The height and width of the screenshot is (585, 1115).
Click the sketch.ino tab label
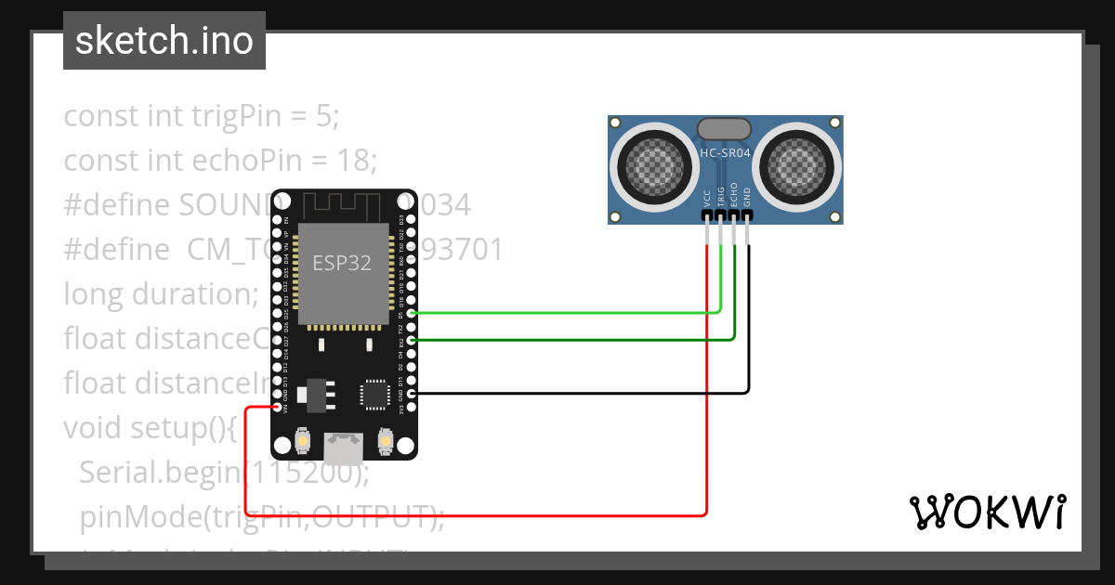(164, 41)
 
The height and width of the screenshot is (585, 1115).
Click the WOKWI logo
(987, 512)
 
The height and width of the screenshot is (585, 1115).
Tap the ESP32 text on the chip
(340, 263)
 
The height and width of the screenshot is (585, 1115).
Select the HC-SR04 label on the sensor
(726, 153)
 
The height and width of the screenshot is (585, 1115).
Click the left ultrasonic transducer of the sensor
(653, 167)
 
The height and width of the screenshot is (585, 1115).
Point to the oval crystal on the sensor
(725, 128)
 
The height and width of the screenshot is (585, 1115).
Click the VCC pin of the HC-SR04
(707, 215)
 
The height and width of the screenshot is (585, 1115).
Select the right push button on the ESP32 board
(385, 441)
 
